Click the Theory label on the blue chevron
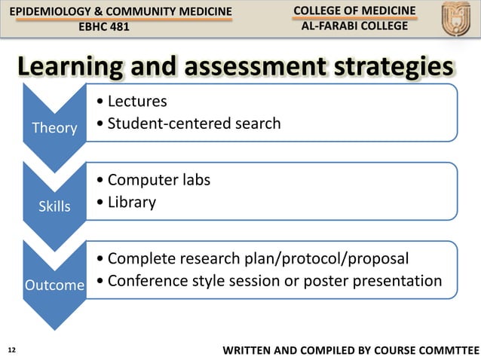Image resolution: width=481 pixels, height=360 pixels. click(54, 128)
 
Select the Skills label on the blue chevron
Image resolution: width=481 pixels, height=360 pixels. click(54, 206)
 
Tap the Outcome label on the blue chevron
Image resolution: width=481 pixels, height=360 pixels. click(54, 285)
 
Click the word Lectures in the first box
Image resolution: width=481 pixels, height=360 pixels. click(137, 101)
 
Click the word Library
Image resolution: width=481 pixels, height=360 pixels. click(132, 202)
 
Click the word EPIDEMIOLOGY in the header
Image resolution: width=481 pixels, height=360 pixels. click(47, 10)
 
